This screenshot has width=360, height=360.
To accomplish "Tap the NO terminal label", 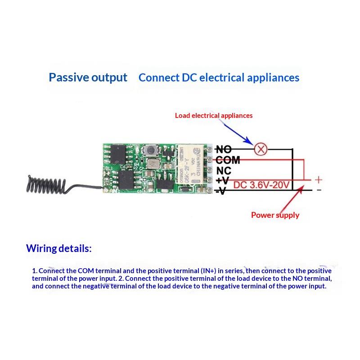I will pos(224,149).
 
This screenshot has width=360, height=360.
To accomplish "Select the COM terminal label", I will pos(228,160).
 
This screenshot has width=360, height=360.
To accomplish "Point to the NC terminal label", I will pos(224,171).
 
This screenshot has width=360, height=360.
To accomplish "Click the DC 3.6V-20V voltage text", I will pos(263,184).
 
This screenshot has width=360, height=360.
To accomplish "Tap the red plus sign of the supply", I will pos(318,179).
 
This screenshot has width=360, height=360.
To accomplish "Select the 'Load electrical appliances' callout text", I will pos(214,116).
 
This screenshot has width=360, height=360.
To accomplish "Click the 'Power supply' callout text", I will pos(275,215).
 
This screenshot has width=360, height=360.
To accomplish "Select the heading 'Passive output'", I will pos(88,77).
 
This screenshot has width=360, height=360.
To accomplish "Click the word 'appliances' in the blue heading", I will pos(274,78).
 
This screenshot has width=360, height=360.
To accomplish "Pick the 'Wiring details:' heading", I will pos(58,248).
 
